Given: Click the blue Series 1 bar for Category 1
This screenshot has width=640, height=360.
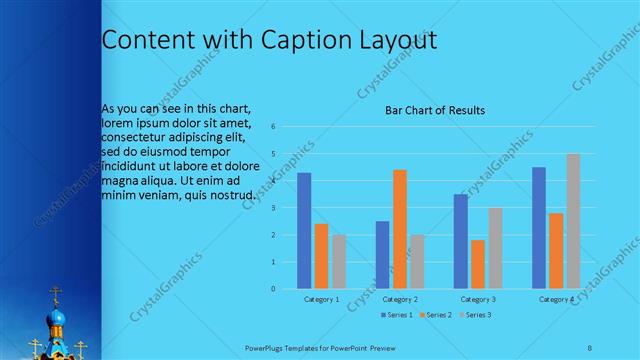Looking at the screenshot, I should [x=304, y=231].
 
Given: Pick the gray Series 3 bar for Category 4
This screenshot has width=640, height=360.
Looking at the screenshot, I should [x=573, y=221].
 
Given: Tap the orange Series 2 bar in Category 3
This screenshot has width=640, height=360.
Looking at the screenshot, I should [x=477, y=264].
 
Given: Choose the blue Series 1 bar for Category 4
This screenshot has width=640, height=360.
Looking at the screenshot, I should [x=539, y=228].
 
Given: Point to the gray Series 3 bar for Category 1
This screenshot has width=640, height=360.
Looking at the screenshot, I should [x=338, y=262].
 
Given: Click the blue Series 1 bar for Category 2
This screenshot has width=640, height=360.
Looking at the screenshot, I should [x=382, y=255].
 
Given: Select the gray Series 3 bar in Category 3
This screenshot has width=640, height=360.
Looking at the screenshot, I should [x=494, y=248].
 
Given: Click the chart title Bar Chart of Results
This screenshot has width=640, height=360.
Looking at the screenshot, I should [x=435, y=110].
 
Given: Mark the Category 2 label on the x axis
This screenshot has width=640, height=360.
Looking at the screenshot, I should [x=399, y=299].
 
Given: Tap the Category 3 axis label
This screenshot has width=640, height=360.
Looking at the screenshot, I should [x=478, y=299].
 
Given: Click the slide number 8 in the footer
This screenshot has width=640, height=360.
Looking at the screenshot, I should [x=590, y=348].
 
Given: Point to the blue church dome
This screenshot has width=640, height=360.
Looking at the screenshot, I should [x=57, y=319].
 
